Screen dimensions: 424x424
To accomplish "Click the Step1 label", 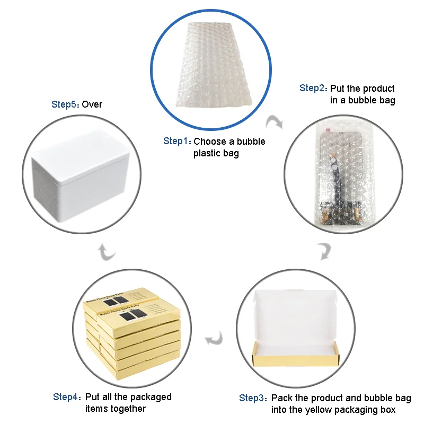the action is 176,141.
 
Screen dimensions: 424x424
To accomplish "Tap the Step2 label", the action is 313,88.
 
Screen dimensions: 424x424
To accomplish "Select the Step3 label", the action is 253,398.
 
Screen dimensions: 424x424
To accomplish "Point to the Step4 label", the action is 67,397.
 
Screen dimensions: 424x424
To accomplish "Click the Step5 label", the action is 65,104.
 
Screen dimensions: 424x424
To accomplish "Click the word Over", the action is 92,104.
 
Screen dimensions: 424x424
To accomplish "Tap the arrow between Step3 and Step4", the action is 215,337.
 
